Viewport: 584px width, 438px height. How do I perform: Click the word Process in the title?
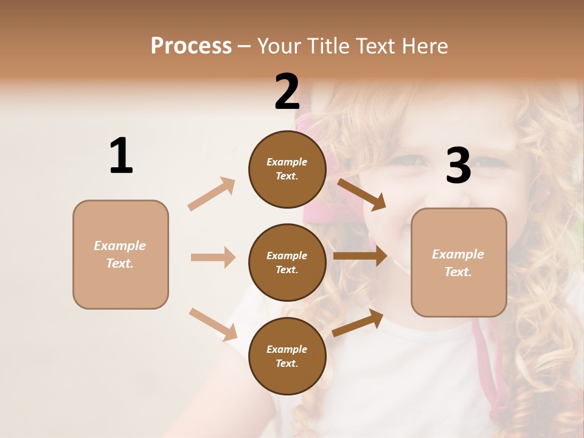[191, 46]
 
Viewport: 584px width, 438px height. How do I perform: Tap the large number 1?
[121, 156]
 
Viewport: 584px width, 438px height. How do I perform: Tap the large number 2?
[287, 92]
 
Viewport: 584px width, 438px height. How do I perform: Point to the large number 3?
[458, 165]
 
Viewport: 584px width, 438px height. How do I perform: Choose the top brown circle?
[287, 169]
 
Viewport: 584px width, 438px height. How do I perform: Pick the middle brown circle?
[287, 262]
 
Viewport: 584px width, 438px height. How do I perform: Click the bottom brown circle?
[287, 356]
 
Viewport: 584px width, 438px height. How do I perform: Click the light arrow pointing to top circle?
[211, 194]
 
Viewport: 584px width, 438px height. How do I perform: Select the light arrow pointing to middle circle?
[213, 257]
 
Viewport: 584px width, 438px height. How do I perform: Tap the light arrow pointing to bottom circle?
[213, 324]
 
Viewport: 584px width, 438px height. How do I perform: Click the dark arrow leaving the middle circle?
[360, 255]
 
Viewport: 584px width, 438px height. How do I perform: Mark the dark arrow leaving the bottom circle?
[358, 323]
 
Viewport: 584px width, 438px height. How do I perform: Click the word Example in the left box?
[120, 246]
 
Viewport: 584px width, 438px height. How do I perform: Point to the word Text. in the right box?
[458, 272]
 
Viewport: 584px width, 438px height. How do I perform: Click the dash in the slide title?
[245, 46]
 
